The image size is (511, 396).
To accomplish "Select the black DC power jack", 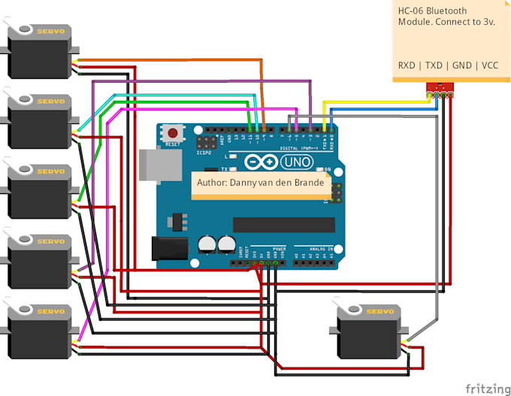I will click(x=168, y=249).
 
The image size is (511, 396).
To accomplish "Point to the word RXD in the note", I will click(x=409, y=65).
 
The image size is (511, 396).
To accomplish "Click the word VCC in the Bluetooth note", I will click(x=489, y=65).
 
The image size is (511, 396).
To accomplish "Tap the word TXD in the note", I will click(x=434, y=65).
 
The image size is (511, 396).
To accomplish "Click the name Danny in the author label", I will click(x=248, y=183).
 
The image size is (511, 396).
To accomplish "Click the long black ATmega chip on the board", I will click(x=283, y=224).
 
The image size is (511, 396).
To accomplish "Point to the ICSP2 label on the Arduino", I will click(x=203, y=152).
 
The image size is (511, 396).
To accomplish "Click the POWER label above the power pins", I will click(x=279, y=247).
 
